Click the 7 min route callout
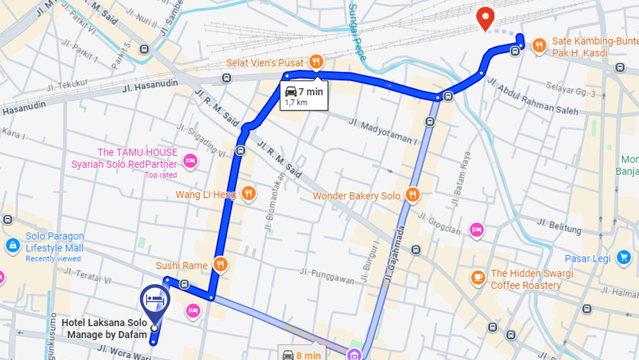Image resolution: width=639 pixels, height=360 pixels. [x=303, y=96]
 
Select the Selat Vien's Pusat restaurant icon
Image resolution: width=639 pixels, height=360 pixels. [x=316, y=61]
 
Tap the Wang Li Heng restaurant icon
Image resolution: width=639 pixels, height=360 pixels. [x=248, y=194]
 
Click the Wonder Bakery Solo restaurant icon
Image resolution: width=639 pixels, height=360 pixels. [x=412, y=195]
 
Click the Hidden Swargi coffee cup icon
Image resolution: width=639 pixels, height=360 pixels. [x=478, y=278]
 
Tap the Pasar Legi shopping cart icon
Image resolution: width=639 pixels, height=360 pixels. [x=624, y=257]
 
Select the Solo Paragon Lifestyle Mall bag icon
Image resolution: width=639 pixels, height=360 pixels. [x=12, y=246]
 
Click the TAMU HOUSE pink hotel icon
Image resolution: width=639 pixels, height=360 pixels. [x=190, y=161]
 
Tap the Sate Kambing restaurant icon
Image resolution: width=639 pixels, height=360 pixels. [x=539, y=44]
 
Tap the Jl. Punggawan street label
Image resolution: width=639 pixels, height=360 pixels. [x=327, y=276]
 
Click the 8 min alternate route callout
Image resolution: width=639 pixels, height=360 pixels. [x=301, y=354]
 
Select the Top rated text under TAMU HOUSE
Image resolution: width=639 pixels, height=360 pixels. [x=161, y=175]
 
